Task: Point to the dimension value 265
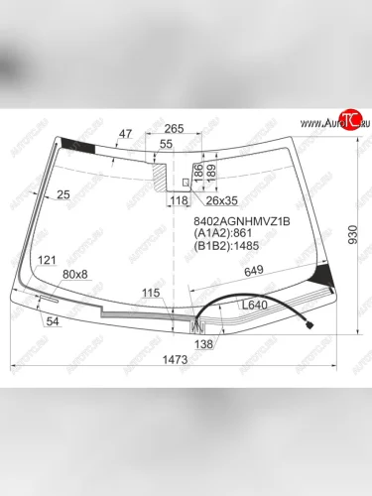tap(175, 128)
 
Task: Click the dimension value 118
tap(179, 201)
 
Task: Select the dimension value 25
tap(63, 194)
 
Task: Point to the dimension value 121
tap(47, 260)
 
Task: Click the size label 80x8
tap(75, 274)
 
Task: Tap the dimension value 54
tap(53, 320)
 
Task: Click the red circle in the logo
tap(348, 120)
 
